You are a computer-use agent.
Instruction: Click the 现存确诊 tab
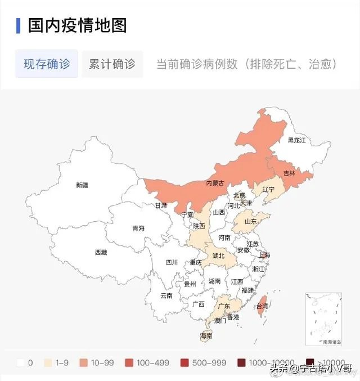47,64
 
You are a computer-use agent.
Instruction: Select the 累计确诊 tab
112,64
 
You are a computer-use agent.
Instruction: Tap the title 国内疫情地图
78,25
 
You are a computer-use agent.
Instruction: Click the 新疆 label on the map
82,185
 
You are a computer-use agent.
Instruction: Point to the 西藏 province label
101,253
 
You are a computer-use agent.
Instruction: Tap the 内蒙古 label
215,183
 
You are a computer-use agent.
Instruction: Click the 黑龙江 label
296,140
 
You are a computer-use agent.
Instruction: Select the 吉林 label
289,173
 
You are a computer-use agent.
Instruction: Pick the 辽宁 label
268,190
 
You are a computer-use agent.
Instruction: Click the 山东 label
251,222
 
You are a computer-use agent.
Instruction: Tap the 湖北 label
218,256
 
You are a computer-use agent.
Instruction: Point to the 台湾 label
262,307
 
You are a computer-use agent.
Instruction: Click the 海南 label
206,336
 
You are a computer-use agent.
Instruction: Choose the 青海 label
138,228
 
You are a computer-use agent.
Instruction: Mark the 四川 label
172,262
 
